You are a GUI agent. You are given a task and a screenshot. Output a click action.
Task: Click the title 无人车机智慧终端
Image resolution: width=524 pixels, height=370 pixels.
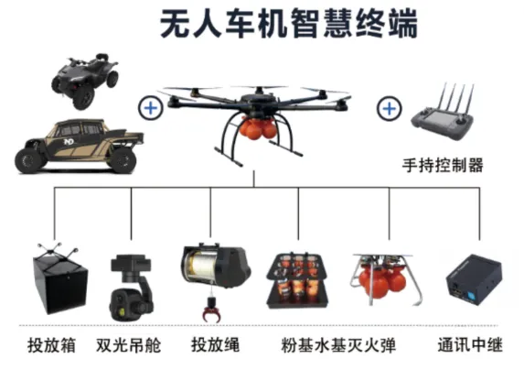coord(289,24)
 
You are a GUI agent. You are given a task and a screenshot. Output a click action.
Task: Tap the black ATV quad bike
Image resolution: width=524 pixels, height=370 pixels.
coord(84,81)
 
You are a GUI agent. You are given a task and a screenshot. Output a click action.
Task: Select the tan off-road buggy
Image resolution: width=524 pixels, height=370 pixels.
coord(80,146)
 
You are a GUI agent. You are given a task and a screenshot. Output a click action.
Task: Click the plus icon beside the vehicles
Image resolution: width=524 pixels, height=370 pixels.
coord(151,108)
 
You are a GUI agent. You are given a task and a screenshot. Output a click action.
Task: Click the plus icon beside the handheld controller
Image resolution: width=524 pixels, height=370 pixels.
coord(389,108)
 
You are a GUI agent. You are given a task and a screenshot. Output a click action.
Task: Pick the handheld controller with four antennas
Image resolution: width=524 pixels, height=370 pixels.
coord(444,113)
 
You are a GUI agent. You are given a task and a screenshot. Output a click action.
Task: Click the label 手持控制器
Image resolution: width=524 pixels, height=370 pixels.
coord(443,165)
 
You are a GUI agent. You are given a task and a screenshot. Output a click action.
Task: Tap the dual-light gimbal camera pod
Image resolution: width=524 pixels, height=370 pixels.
coord(131,288)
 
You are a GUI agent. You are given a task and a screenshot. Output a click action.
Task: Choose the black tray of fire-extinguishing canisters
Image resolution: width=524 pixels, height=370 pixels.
coord(297,280)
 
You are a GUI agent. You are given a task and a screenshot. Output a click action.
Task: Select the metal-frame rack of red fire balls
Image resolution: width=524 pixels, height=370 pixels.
coord(384,279)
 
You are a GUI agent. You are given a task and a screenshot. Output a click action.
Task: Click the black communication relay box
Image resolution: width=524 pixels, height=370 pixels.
coord(474,279)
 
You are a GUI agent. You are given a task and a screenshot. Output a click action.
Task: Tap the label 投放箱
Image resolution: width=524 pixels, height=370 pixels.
coord(51,345)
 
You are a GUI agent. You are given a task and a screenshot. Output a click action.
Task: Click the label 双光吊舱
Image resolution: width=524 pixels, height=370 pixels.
coord(129,345)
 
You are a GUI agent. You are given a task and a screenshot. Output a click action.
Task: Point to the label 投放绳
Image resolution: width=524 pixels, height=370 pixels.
coord(215,345)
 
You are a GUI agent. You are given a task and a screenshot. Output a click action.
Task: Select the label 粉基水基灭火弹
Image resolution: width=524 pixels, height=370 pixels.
coord(338,345)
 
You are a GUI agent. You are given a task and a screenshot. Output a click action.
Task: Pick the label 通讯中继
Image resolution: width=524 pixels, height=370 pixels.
coord(470,345)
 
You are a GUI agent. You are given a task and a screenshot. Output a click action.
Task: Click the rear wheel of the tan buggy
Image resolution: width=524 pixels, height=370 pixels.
coord(123,159)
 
